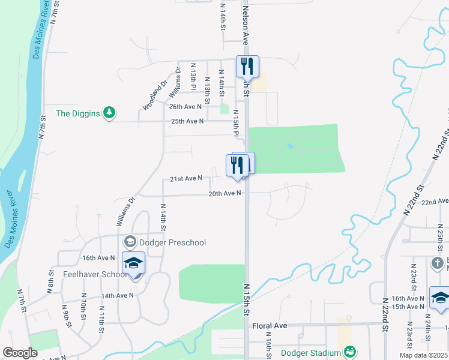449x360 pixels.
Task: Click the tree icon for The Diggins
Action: point(109,113)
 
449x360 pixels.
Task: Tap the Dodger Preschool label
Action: point(173,242)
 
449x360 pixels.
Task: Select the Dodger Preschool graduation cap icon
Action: point(129,242)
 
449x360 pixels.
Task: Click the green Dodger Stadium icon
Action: point(351,352)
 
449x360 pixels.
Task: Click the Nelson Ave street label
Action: point(245,24)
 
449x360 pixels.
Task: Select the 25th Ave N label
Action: point(187,121)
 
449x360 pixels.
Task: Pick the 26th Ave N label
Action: point(185,107)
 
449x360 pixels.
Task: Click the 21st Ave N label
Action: point(185,178)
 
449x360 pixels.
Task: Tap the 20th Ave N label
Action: point(224,193)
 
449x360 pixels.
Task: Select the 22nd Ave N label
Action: point(435,203)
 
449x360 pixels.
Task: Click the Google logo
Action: point(20,353)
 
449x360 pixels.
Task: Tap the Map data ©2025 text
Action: point(423,355)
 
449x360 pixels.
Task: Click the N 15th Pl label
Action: point(236,122)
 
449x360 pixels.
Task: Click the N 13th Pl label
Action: point(193,77)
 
